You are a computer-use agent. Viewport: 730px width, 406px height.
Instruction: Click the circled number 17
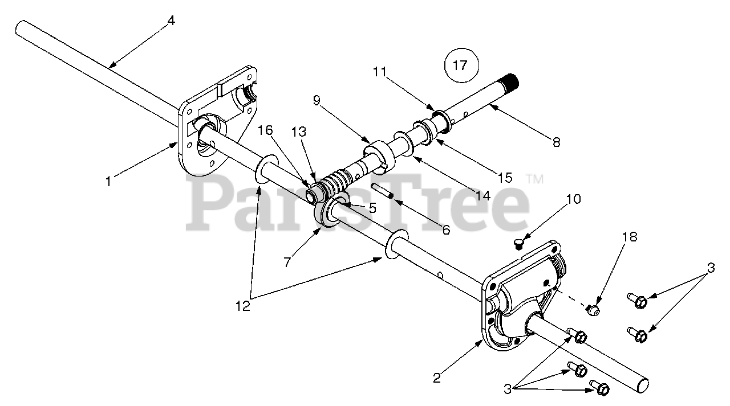click(x=460, y=65)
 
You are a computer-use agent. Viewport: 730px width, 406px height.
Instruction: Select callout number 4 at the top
click(x=171, y=20)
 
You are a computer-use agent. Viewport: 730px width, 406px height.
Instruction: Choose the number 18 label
click(x=630, y=236)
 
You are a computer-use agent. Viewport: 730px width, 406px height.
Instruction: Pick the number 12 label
click(x=243, y=306)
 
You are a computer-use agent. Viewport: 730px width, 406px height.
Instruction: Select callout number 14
click(x=483, y=195)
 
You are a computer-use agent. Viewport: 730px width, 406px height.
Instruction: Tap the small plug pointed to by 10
click(x=518, y=244)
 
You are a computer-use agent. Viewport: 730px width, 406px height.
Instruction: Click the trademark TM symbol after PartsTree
click(x=534, y=179)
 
